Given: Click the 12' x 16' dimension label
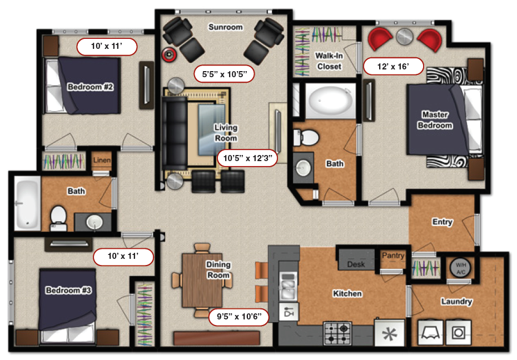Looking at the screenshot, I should (x=394, y=67).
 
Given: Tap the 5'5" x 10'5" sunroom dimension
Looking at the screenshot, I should (x=224, y=73).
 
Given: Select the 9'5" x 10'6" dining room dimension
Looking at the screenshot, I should (x=239, y=317).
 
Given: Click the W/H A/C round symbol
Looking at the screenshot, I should (x=460, y=268).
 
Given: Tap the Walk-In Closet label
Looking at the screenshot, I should (x=329, y=61).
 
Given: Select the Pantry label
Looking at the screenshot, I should (x=392, y=256).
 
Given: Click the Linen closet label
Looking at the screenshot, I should (x=102, y=161).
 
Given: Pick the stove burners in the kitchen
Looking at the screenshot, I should (x=337, y=333).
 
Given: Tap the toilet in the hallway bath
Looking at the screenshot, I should (x=58, y=217).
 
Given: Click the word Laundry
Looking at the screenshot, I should (x=456, y=302).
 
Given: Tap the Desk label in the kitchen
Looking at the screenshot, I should (x=356, y=264).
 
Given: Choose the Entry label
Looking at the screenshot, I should (x=442, y=222).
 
